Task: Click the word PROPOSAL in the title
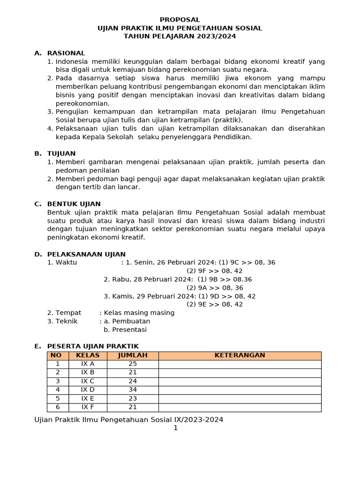[180, 20]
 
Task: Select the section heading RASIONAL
[66, 53]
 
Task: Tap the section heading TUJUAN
[61, 153]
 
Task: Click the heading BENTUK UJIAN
[74, 204]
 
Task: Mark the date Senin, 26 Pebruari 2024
[166, 262]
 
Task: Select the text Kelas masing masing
[139, 313]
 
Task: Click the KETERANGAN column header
[240, 355]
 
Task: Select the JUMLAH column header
[133, 355]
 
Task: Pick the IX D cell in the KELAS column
[88, 390]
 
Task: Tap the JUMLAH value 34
[133, 390]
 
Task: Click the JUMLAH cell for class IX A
[133, 364]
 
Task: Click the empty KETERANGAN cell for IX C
[240, 381]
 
